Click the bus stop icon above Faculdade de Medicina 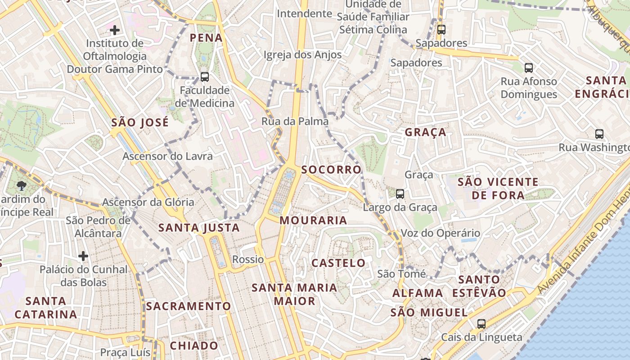[x=205, y=77]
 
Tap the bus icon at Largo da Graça [x=400, y=194]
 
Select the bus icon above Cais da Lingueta [x=481, y=324]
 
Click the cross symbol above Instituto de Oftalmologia [x=115, y=30]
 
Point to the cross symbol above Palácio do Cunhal [x=83, y=256]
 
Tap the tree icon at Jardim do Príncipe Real [x=21, y=185]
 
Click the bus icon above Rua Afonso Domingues [x=529, y=68]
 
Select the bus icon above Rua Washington [x=599, y=134]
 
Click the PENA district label [x=206, y=38]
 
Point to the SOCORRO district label [x=331, y=170]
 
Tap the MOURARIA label [x=313, y=220]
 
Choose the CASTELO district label [x=338, y=263]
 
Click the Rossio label [x=248, y=259]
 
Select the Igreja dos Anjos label [x=302, y=55]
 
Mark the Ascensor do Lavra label [x=167, y=156]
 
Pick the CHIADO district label [x=194, y=346]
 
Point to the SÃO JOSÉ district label [x=140, y=122]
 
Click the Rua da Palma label [x=295, y=121]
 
